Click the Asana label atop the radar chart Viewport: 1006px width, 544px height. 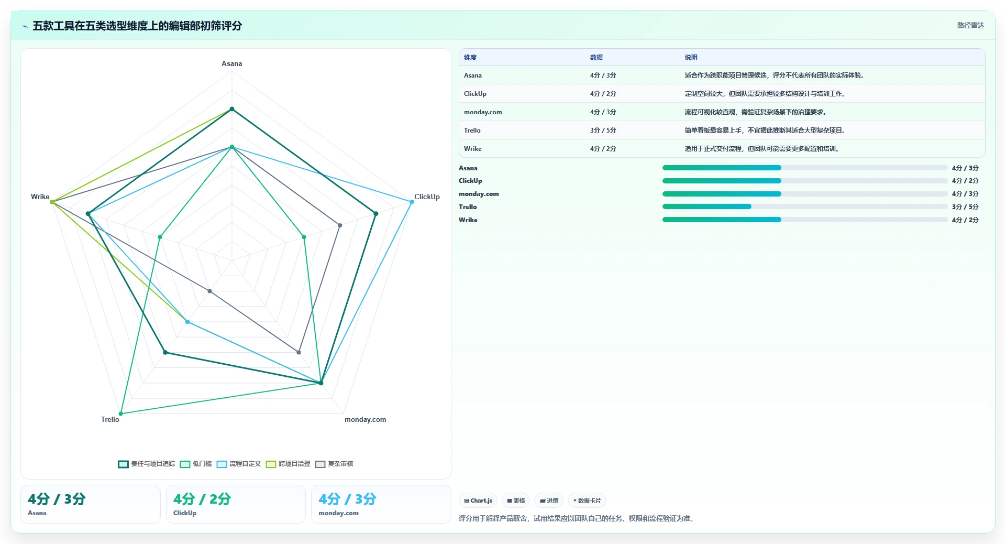point(231,63)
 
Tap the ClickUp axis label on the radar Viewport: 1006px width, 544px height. point(427,197)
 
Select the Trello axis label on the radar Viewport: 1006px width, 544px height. point(110,419)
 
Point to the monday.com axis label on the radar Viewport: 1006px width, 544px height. point(365,419)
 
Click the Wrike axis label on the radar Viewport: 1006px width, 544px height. point(40,197)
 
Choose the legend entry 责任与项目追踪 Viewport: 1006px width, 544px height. point(147,464)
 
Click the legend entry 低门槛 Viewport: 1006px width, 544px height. point(196,464)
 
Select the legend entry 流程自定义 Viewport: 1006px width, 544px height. point(239,464)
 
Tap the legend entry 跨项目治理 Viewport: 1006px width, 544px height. point(288,464)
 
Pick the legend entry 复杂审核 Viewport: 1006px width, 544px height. point(334,464)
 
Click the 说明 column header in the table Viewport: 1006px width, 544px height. point(691,58)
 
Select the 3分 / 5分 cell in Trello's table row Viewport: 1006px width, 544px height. point(603,130)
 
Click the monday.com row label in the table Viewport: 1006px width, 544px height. point(482,112)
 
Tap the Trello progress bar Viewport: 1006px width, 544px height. point(805,206)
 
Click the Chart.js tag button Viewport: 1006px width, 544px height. point(478,501)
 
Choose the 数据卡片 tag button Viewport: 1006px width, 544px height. point(587,501)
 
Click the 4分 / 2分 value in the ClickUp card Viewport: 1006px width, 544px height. point(202,499)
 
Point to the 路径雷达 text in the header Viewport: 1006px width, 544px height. point(970,25)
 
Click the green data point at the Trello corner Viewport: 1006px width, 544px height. point(121,414)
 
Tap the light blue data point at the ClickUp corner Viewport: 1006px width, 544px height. point(412,202)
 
